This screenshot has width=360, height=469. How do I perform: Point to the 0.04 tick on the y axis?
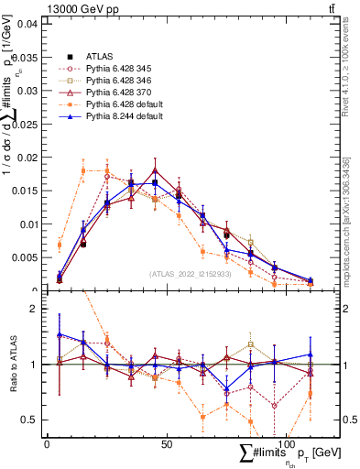pyautogui.click(x=27, y=23)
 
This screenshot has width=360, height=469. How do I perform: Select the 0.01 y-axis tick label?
pyautogui.click(x=27, y=224)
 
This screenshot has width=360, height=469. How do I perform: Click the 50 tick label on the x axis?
pyautogui.click(x=166, y=444)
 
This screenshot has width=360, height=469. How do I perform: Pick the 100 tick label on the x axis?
pyautogui.click(x=286, y=444)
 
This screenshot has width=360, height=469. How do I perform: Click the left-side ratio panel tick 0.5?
pyautogui.click(x=27, y=420)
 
